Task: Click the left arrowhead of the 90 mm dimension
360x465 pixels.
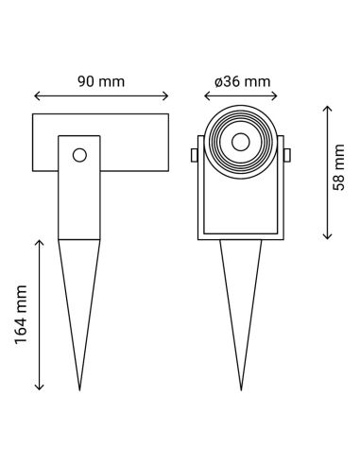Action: coord(37,95)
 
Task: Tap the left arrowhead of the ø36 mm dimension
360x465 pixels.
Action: coord(207,95)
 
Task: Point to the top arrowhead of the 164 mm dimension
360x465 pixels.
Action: coord(39,242)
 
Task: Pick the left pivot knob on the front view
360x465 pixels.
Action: coord(195,154)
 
